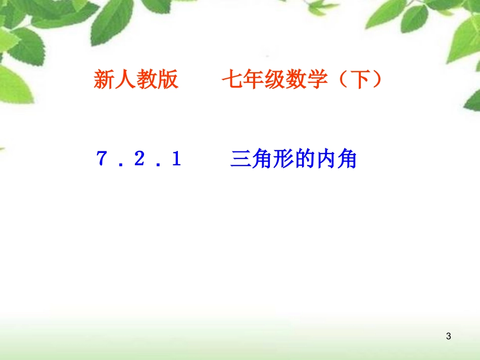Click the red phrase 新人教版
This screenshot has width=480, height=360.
(136, 80)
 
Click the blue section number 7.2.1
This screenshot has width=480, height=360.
(138, 160)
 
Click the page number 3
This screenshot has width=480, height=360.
(449, 336)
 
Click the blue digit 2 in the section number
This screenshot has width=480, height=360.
(138, 160)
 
